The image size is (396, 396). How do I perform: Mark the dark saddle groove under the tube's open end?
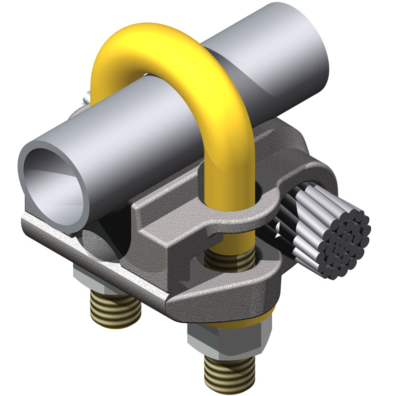pyautogui.click(x=99, y=243)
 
